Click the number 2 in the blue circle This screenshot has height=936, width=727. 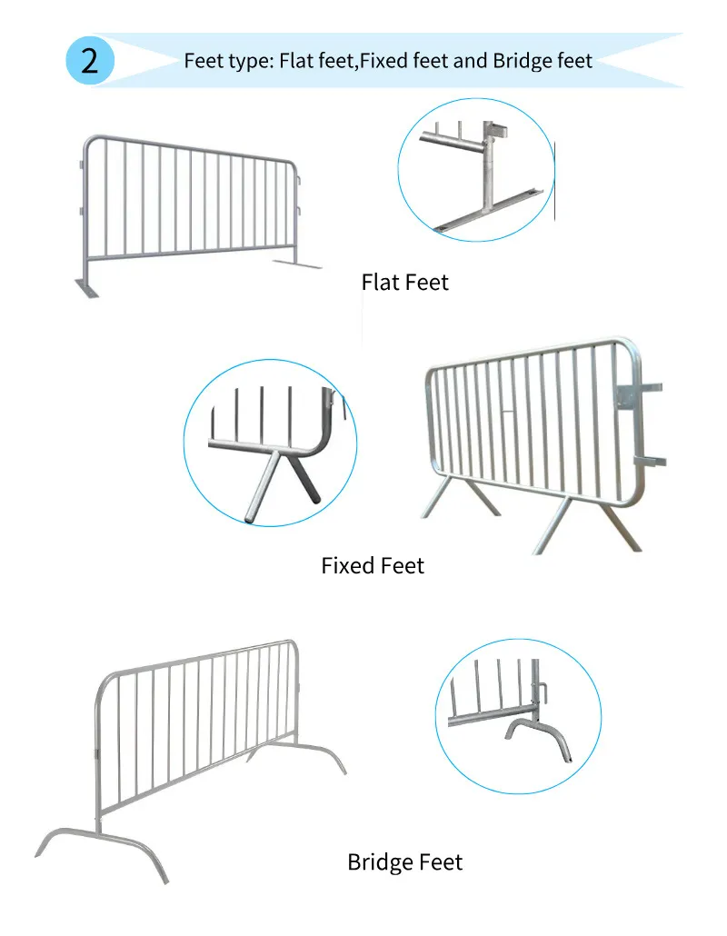pyautogui.click(x=89, y=61)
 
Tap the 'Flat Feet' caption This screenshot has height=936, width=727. pyautogui.click(x=404, y=282)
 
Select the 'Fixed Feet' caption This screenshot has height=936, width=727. pyautogui.click(x=373, y=565)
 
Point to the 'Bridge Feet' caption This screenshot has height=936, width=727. pyautogui.click(x=404, y=861)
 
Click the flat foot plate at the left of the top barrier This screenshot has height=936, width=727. pyautogui.click(x=87, y=290)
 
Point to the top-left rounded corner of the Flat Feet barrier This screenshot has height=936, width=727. pyautogui.click(x=88, y=143)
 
